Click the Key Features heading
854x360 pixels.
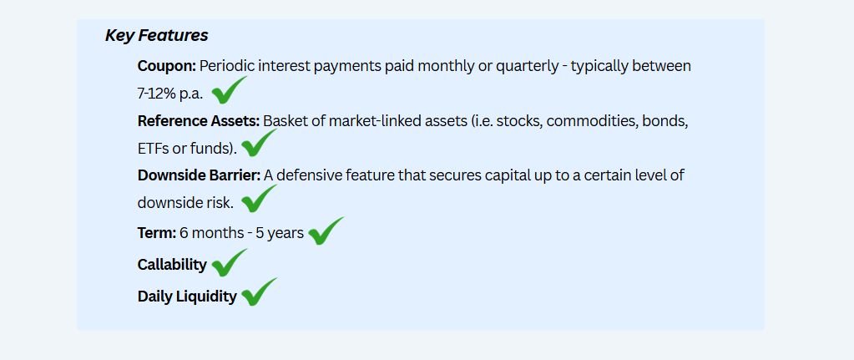coord(156,35)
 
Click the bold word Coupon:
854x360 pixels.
coord(167,67)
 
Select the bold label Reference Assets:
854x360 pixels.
coord(199,121)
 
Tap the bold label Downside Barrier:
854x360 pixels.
coord(200,175)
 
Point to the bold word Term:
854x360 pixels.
coord(157,233)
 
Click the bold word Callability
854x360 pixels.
coord(172,265)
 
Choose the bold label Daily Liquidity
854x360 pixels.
coord(187,297)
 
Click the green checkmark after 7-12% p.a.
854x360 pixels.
coord(230,90)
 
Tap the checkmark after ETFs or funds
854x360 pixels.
coord(260,143)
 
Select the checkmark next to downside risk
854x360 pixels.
coord(260,198)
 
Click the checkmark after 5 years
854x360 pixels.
coord(326,231)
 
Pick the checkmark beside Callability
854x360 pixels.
coord(230,262)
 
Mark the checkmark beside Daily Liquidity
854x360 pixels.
coord(260,292)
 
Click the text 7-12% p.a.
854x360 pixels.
coord(170,94)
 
